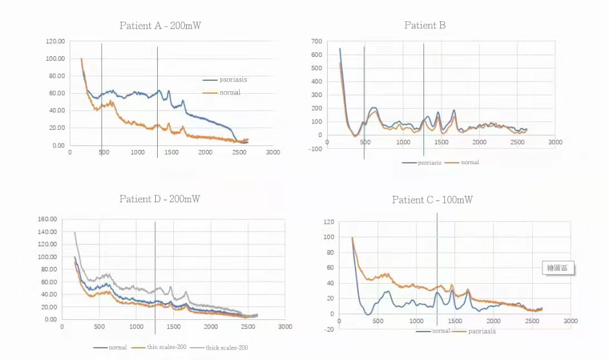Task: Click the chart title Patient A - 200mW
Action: pyautogui.click(x=162, y=26)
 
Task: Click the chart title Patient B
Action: pyautogui.click(x=425, y=25)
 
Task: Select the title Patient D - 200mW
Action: pyautogui.click(x=160, y=198)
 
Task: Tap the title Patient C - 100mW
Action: pyautogui.click(x=433, y=200)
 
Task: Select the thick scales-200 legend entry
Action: pyautogui.click(x=226, y=348)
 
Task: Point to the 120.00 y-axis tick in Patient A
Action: pyautogui.click(x=56, y=41)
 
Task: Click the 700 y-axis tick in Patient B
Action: pyautogui.click(x=315, y=41)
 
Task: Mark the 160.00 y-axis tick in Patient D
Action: pyautogui.click(x=48, y=219)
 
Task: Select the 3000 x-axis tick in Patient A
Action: pyautogui.click(x=273, y=153)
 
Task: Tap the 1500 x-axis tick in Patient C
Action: pyautogui.click(x=455, y=321)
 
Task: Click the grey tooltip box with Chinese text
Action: pyautogui.click(x=558, y=269)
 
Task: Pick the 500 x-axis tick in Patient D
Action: pyautogui.click(x=99, y=327)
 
